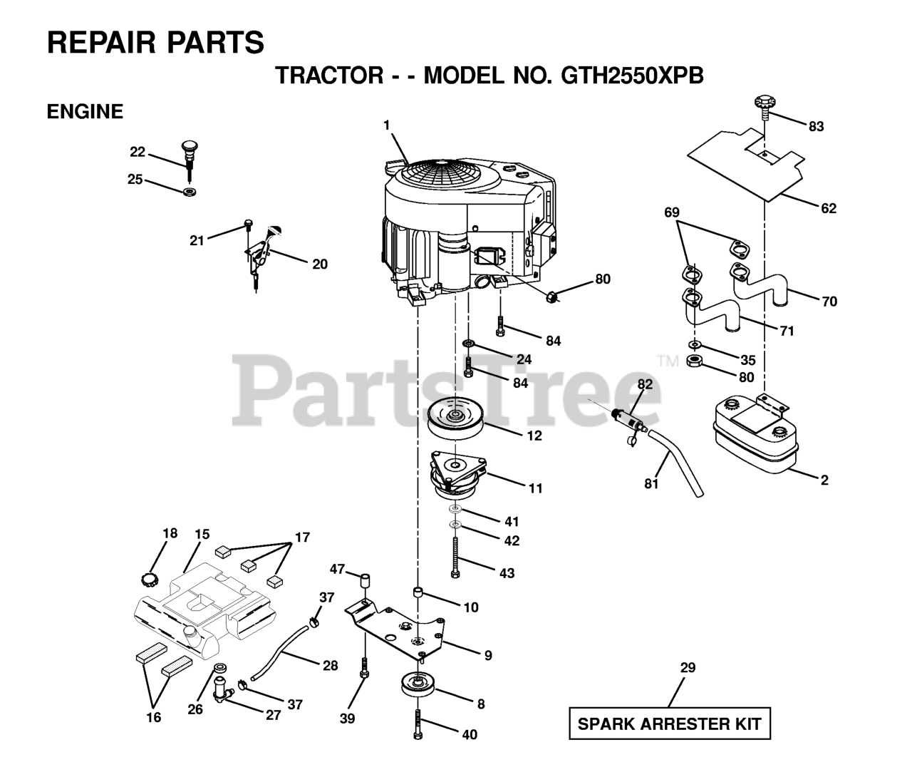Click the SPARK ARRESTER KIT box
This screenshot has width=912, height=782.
pos(670,724)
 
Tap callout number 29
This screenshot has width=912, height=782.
pos(688,668)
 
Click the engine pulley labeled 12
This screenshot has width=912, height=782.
pos(457,418)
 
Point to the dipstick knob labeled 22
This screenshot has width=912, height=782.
pos(188,147)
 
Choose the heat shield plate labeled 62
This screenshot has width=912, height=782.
pos(748,160)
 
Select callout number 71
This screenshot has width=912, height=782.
pos(787,331)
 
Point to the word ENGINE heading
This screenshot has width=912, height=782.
pos(85,111)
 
